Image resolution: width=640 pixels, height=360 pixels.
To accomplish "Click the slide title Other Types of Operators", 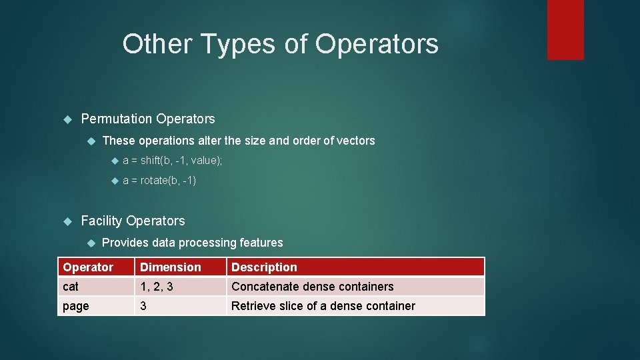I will (280, 44).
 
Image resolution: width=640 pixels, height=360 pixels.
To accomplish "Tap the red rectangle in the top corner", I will (565, 29).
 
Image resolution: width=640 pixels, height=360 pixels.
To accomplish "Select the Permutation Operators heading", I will (147, 119).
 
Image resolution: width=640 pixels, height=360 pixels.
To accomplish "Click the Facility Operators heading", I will (133, 221).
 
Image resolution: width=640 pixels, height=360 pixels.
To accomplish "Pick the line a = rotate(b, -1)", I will (160, 181).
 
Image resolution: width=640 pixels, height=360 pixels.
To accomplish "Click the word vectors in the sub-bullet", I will (357, 141).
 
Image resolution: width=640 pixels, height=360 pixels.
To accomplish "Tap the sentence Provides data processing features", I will (192, 243).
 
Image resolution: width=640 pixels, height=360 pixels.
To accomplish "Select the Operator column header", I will (88, 267).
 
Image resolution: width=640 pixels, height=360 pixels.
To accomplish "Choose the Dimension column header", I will (170, 267).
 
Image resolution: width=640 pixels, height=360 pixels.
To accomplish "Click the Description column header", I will (264, 267).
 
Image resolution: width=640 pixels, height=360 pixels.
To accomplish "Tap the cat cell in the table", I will (71, 287).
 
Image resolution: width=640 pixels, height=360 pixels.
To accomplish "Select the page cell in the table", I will (75, 306).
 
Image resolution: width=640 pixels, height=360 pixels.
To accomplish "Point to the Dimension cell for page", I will (142, 306).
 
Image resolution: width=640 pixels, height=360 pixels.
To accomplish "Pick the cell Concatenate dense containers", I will (312, 287).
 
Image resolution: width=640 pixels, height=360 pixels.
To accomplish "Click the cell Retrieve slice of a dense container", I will (323, 306).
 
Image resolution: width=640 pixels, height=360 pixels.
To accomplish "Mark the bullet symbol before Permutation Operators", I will (67, 119).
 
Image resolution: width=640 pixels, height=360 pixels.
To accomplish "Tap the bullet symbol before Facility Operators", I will (67, 221).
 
